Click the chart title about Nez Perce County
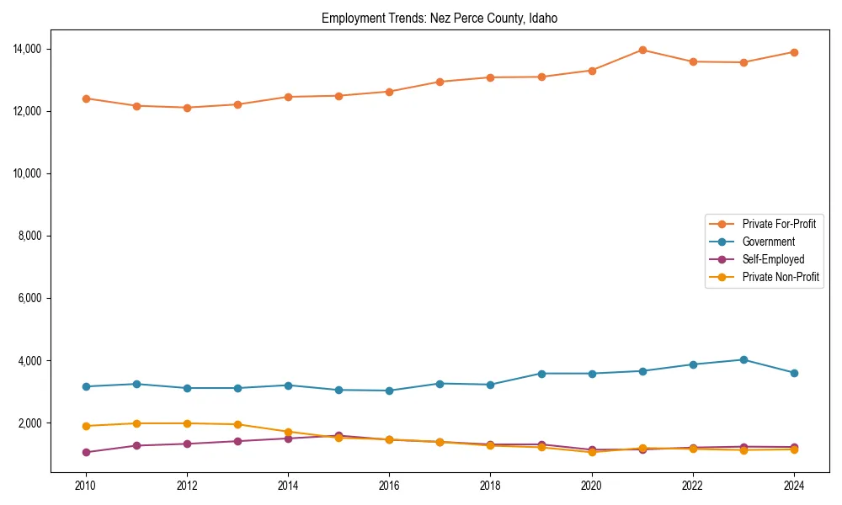tap(440, 18)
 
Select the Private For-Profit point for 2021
tap(642, 50)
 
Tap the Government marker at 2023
tap(743, 359)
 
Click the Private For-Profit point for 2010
tap(86, 98)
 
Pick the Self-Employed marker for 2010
tap(86, 452)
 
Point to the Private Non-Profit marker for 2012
tap(187, 423)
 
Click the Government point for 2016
tap(389, 391)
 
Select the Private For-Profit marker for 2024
tap(794, 52)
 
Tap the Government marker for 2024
tap(794, 373)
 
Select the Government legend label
tap(768, 242)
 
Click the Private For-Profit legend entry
tap(779, 224)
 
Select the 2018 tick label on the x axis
tap(490, 486)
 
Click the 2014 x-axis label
tap(288, 486)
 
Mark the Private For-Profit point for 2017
tap(440, 82)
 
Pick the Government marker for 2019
tap(541, 373)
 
